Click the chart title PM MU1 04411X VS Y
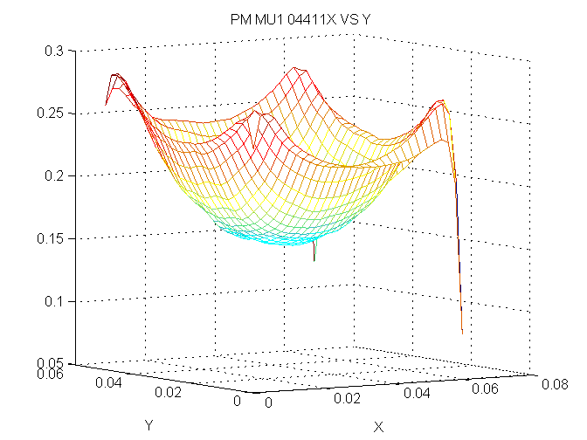click(293, 18)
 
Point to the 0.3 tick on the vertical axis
click(56, 51)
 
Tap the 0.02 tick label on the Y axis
click(167, 392)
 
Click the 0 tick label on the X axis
click(269, 404)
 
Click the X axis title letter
click(378, 427)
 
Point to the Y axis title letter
click(148, 423)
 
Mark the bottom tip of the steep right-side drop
click(462, 333)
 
